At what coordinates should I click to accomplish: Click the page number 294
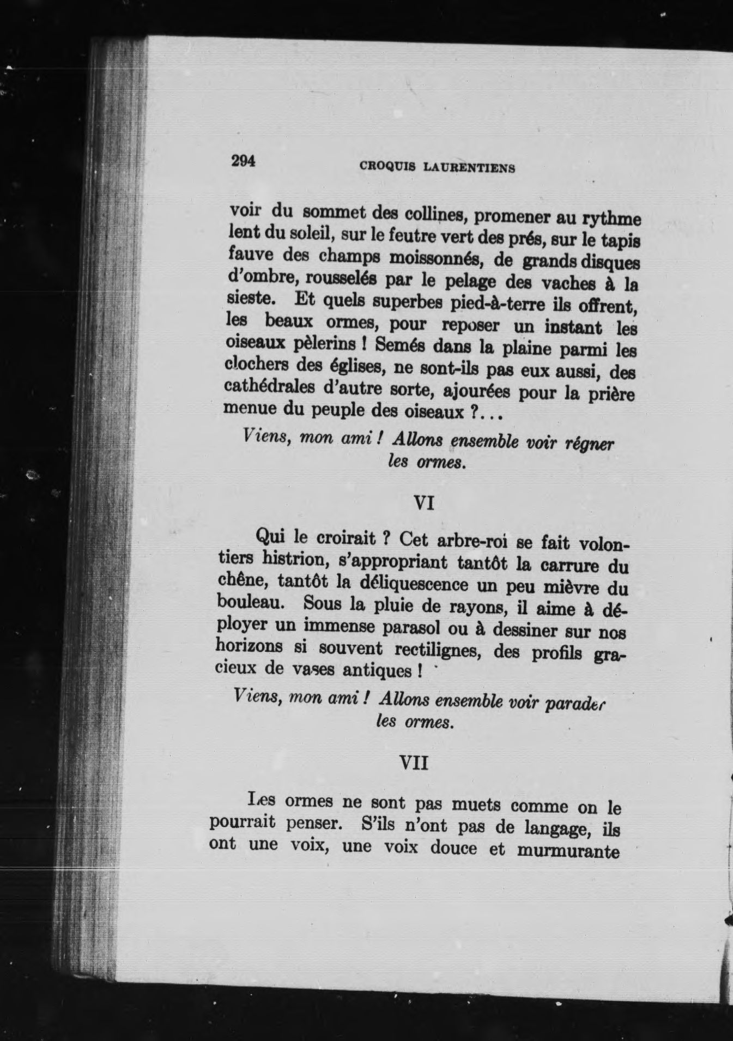coord(243,161)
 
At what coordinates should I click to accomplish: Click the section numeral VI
coord(424,503)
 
